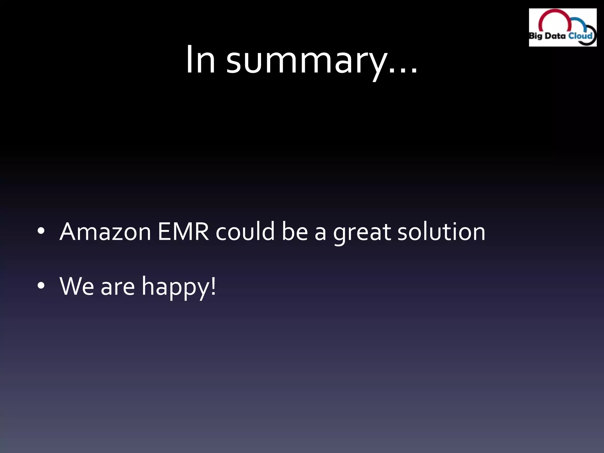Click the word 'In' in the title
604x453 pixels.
(x=200, y=60)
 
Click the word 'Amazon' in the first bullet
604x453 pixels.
(x=105, y=232)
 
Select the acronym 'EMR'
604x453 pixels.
(x=183, y=232)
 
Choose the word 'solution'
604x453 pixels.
(x=441, y=232)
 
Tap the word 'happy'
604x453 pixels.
(x=175, y=287)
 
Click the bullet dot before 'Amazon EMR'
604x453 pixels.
(x=41, y=231)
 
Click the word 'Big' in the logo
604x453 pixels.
(x=535, y=36)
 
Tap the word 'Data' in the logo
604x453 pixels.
(x=555, y=36)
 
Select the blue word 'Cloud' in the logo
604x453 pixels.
(x=580, y=36)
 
